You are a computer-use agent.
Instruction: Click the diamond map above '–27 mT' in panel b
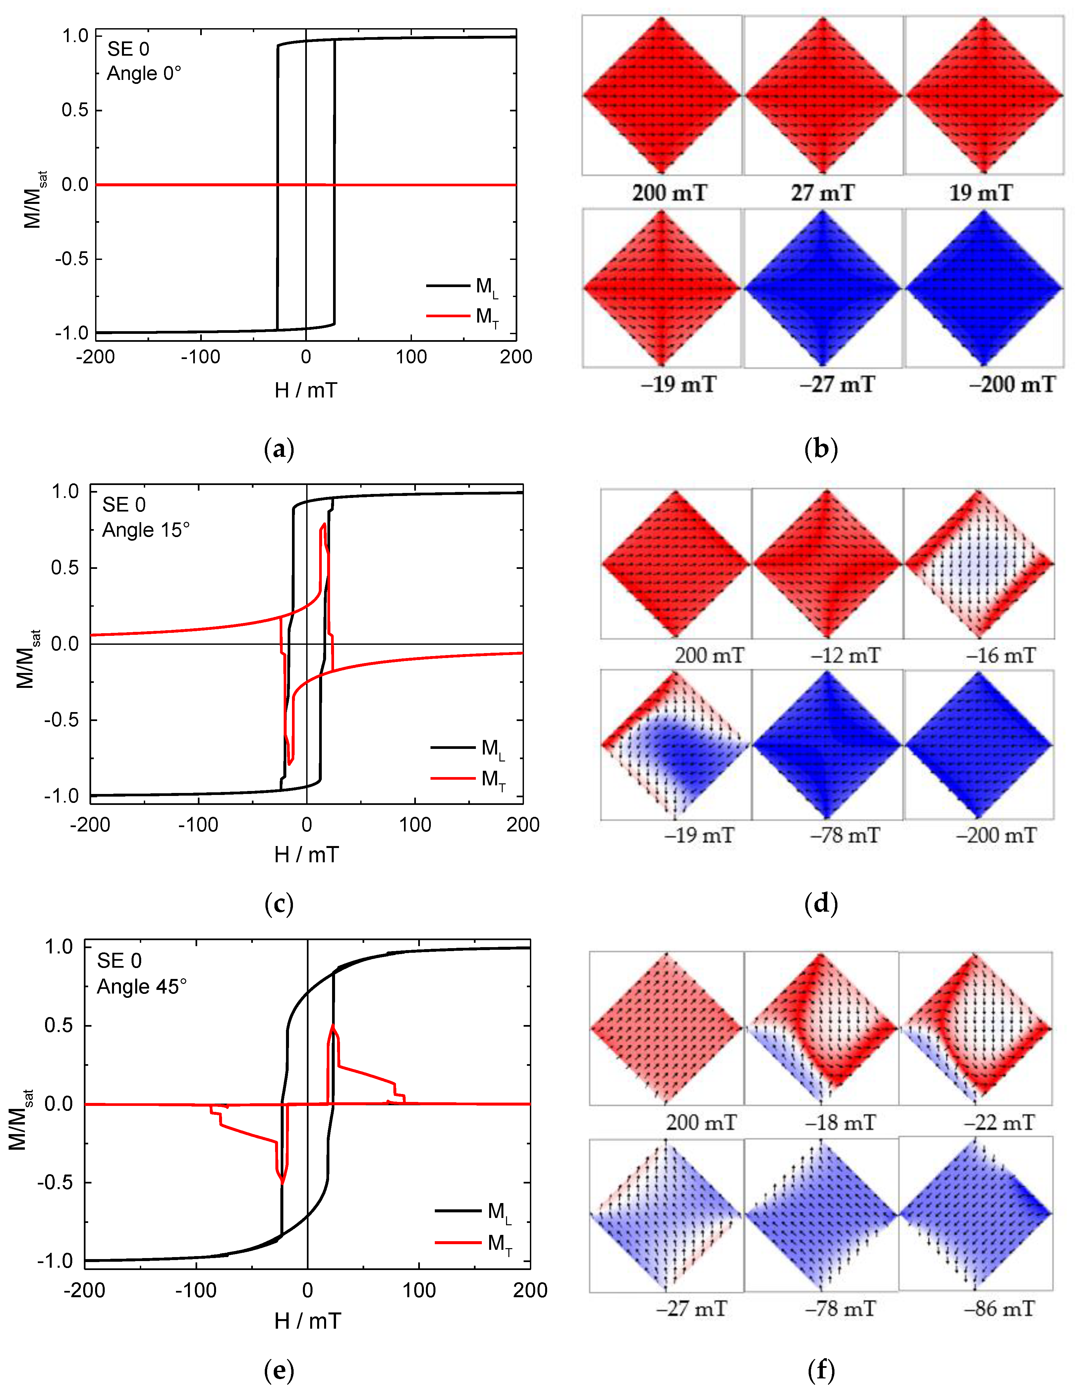823,288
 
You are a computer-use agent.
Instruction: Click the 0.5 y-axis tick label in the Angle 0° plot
75,110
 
